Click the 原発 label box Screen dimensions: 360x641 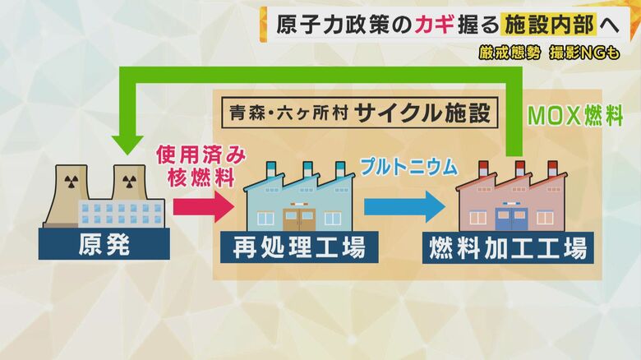coord(104,244)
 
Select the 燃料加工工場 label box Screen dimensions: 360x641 coord(509,247)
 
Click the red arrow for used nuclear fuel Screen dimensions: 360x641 coord(205,205)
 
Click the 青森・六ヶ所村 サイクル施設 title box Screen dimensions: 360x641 coord(359,113)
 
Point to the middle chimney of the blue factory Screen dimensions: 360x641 coord(307,169)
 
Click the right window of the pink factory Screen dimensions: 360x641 coord(546,217)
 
